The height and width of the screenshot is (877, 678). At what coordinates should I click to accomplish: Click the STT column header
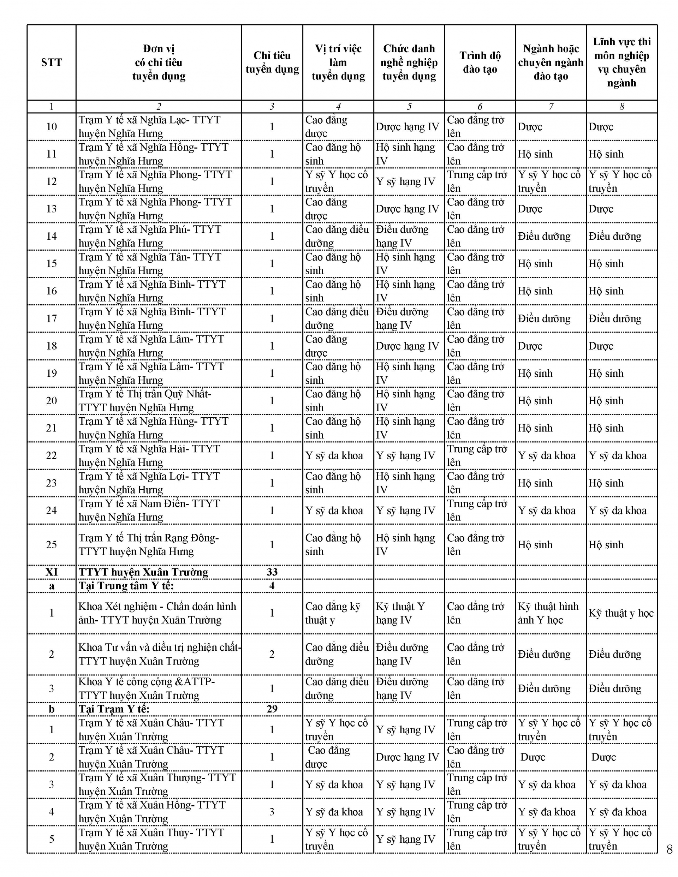click(52, 62)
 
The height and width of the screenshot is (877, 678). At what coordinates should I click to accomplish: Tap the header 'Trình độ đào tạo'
click(480, 62)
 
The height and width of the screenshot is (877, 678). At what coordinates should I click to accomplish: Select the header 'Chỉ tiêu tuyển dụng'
click(272, 62)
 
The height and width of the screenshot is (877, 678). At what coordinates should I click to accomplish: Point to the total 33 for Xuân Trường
click(272, 572)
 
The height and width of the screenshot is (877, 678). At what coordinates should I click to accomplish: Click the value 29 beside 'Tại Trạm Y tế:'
click(272, 709)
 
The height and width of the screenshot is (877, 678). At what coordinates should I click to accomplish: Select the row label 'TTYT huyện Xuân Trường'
click(143, 572)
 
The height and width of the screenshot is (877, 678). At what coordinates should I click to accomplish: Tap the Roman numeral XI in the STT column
click(52, 572)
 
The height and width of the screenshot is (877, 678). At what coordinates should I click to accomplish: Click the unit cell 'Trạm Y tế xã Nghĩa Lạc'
click(149, 126)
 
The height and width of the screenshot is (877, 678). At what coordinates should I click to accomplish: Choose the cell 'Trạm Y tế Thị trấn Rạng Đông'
click(149, 544)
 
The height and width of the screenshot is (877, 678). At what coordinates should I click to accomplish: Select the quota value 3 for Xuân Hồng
click(272, 812)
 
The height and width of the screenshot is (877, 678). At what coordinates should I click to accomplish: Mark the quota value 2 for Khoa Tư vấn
click(272, 654)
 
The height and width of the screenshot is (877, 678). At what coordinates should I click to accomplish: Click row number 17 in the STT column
click(52, 318)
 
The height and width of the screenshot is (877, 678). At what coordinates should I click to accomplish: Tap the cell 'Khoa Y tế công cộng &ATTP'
click(147, 688)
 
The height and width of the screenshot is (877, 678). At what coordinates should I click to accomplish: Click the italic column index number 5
click(409, 106)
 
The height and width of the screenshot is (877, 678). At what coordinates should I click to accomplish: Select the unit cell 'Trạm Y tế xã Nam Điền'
click(149, 511)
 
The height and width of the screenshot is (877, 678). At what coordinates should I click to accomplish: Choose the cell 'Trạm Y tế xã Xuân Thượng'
click(157, 784)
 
